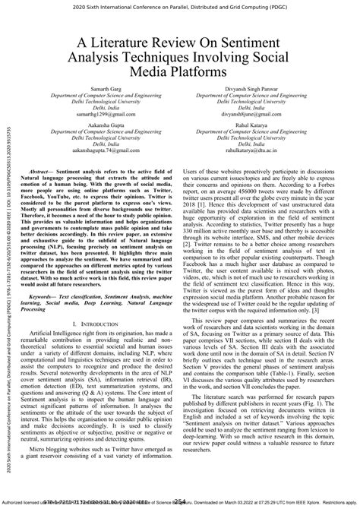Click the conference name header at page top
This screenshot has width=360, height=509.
coord(179,7)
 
